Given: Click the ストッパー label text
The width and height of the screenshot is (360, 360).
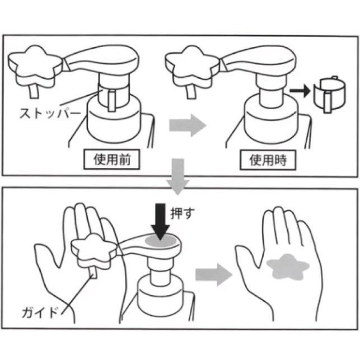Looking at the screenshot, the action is pyautogui.click(x=50, y=113).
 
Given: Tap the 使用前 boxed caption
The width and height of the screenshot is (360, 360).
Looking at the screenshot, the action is pyautogui.click(x=111, y=160).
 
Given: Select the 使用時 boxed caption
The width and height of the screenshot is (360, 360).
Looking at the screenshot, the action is pyautogui.click(x=268, y=160).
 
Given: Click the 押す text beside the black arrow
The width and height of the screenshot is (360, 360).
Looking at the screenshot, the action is pyautogui.click(x=183, y=213).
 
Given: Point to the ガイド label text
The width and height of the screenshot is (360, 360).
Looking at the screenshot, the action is pyautogui.click(x=40, y=312).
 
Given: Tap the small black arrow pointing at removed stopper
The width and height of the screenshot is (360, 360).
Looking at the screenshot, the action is pyautogui.click(x=300, y=91).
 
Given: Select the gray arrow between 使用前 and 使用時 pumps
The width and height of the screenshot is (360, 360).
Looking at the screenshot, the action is pyautogui.click(x=188, y=125).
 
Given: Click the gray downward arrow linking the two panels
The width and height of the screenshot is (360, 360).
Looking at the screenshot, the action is pyautogui.click(x=178, y=176).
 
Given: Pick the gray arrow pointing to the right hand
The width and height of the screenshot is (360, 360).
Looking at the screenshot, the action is pyautogui.click(x=213, y=274).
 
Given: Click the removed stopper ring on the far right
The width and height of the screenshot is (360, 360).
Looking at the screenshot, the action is pyautogui.click(x=330, y=94).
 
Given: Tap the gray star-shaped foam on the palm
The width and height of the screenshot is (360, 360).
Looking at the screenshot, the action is pyautogui.click(x=288, y=267).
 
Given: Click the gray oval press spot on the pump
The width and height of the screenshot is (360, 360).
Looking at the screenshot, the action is pyautogui.click(x=161, y=241).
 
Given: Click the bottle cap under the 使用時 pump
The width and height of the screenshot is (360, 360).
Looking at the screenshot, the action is pyautogui.click(x=271, y=119).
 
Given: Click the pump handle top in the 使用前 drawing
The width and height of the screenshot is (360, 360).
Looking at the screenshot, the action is pyautogui.click(x=101, y=60).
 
